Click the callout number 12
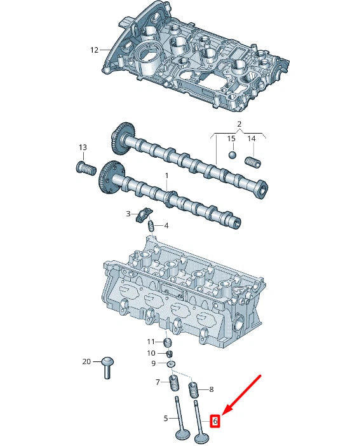94,50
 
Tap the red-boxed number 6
215,421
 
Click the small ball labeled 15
233,155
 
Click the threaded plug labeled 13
85,169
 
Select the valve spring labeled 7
173,384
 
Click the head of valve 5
182,436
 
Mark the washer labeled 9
170,363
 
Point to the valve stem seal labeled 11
168,344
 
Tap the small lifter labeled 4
151,225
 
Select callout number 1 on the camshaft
167,175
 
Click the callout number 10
151,353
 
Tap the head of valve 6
203,438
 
